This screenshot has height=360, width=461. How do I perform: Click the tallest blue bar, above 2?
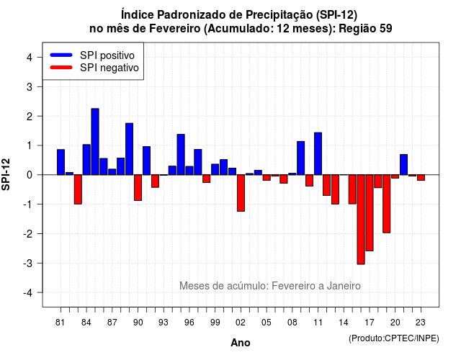coord(95,142)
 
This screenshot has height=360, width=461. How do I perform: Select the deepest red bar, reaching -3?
coord(361,220)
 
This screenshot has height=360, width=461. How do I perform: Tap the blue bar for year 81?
coord(61,162)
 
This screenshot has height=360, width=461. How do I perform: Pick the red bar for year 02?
coord(241,193)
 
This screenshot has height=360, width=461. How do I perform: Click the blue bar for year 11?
coord(318,153)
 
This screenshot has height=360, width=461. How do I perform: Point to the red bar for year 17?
coord(370,213)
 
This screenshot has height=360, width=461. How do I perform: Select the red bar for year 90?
coord(138,188)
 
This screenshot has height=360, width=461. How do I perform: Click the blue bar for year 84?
coord(86,160)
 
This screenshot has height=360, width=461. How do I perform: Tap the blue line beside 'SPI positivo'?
coord(61,55)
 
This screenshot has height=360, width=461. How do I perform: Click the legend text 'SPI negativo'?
coord(109,68)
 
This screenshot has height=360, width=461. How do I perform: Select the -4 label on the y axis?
coord(29,293)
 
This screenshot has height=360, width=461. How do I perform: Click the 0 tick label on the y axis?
coord(30,175)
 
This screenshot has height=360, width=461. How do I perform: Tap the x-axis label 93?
coord(164,323)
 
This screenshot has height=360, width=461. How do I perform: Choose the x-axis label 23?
coord(421,323)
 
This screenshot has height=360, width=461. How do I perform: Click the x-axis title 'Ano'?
coord(241,343)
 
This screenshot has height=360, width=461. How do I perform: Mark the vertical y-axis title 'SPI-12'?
coord(6,174)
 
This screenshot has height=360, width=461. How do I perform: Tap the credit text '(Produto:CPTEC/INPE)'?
coord(394,338)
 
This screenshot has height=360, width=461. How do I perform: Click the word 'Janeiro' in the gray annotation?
coord(344,286)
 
